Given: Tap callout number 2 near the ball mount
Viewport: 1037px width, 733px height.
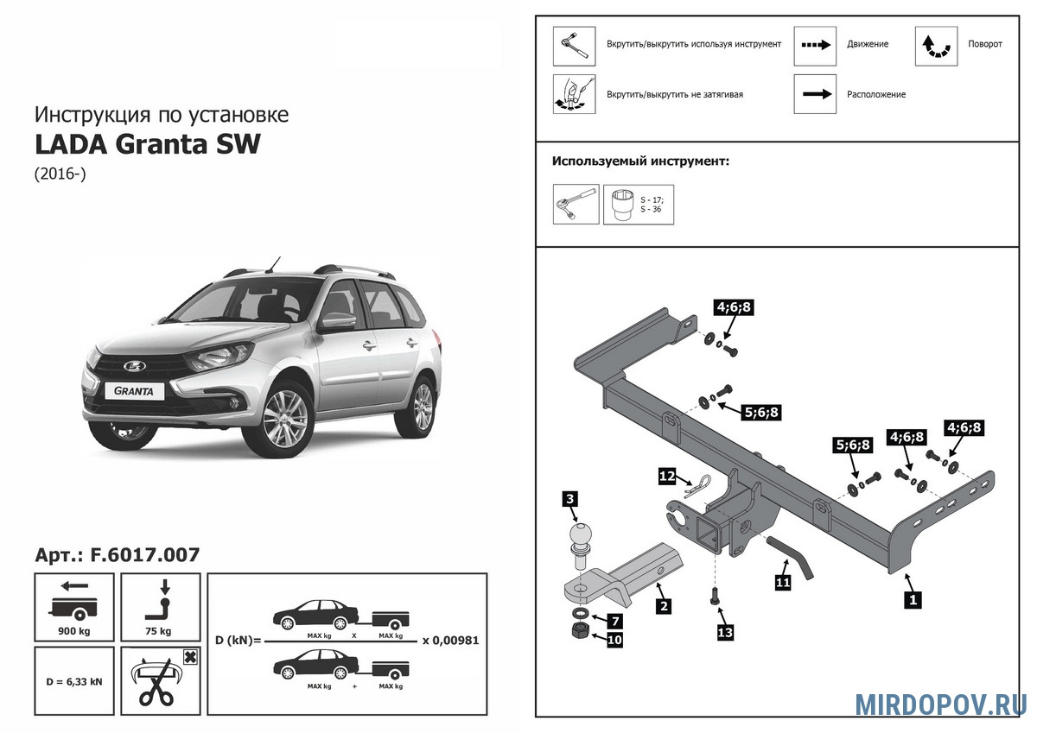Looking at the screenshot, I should click(x=663, y=606).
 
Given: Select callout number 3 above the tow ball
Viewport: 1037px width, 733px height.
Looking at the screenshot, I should click(x=569, y=499).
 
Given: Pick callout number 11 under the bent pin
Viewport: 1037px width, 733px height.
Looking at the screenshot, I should click(x=783, y=582).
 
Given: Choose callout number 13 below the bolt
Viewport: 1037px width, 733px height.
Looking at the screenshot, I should click(x=725, y=633).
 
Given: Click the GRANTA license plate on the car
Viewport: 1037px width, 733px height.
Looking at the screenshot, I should click(x=136, y=390).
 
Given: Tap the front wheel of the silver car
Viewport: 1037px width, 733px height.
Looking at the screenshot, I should click(x=284, y=417).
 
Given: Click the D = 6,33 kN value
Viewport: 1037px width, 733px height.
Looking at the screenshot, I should click(x=74, y=681).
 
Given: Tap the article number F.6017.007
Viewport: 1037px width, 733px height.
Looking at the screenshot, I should click(x=118, y=555).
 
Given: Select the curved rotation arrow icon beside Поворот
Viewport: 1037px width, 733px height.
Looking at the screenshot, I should click(x=936, y=46).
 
